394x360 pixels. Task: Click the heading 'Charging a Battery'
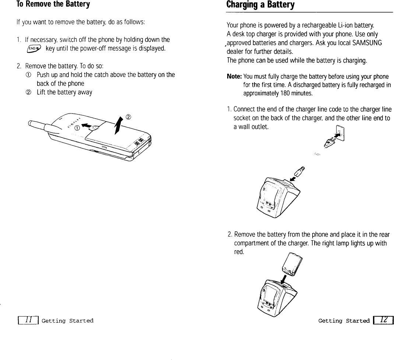coord(260,5)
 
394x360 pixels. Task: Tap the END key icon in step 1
coord(38,48)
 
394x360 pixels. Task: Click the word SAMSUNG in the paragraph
coord(367,43)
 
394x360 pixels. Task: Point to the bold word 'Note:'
coord(234,77)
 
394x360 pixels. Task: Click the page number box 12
coord(383,321)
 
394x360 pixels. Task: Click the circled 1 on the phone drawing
coord(77,128)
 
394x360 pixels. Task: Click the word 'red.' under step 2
coord(239,251)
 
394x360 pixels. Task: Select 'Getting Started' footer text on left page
coord(67,321)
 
